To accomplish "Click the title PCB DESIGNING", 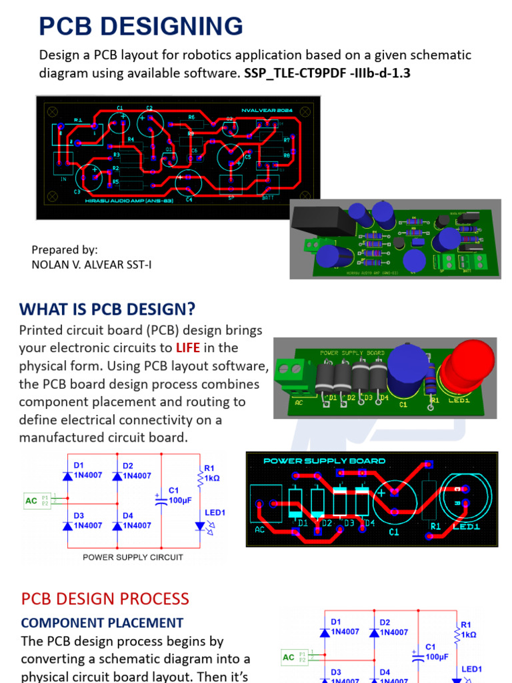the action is click(x=141, y=27).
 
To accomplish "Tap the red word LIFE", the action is click(x=187, y=348).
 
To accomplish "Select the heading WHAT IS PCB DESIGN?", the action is click(x=107, y=309).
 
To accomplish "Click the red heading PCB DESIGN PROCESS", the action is click(x=105, y=598).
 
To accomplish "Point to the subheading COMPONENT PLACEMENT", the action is click(x=102, y=623).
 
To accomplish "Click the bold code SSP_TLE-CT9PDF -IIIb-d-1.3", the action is click(x=327, y=73).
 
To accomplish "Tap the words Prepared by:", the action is click(x=65, y=249).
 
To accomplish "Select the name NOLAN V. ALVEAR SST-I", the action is click(x=91, y=265).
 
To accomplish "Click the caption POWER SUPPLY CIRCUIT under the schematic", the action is click(x=133, y=557).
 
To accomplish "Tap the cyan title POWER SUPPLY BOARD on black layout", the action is click(x=324, y=461).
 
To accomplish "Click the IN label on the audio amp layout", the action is click(x=64, y=179).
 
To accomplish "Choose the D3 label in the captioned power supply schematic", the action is click(x=79, y=516).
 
